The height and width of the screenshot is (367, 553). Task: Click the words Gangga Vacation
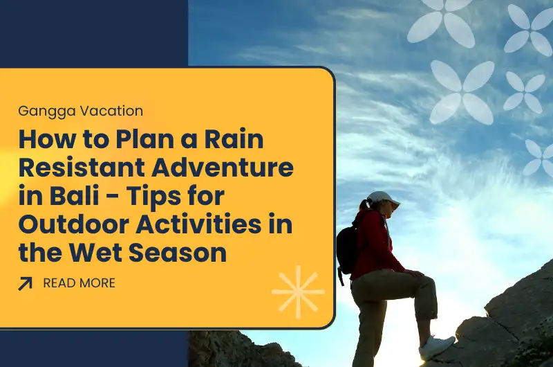(81, 110)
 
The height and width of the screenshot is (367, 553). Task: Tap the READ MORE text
(79, 283)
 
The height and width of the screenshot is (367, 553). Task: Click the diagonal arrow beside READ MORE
(26, 283)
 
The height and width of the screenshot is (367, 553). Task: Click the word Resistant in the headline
(88, 168)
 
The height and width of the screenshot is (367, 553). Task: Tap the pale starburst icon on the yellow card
(298, 292)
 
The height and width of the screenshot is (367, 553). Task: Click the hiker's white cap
(382, 198)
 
